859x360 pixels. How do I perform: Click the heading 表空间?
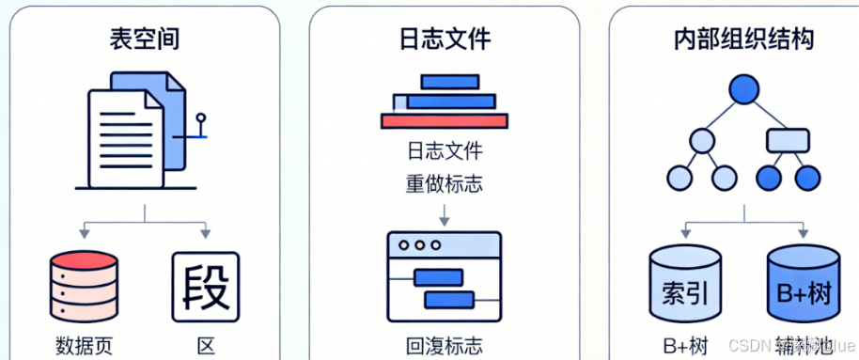144,39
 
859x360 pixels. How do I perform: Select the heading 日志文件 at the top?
445,39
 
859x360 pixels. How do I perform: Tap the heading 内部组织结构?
743,39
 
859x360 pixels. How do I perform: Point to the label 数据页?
85,345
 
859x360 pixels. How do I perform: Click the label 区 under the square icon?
206,345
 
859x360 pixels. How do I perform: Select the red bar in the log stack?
445,120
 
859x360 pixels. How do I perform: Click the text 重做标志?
445,182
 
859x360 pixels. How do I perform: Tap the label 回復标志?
445,345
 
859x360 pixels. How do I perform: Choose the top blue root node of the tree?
743,90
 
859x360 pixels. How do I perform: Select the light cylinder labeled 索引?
685,285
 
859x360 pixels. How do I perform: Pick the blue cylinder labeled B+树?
803,285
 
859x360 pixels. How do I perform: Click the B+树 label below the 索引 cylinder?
685,345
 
